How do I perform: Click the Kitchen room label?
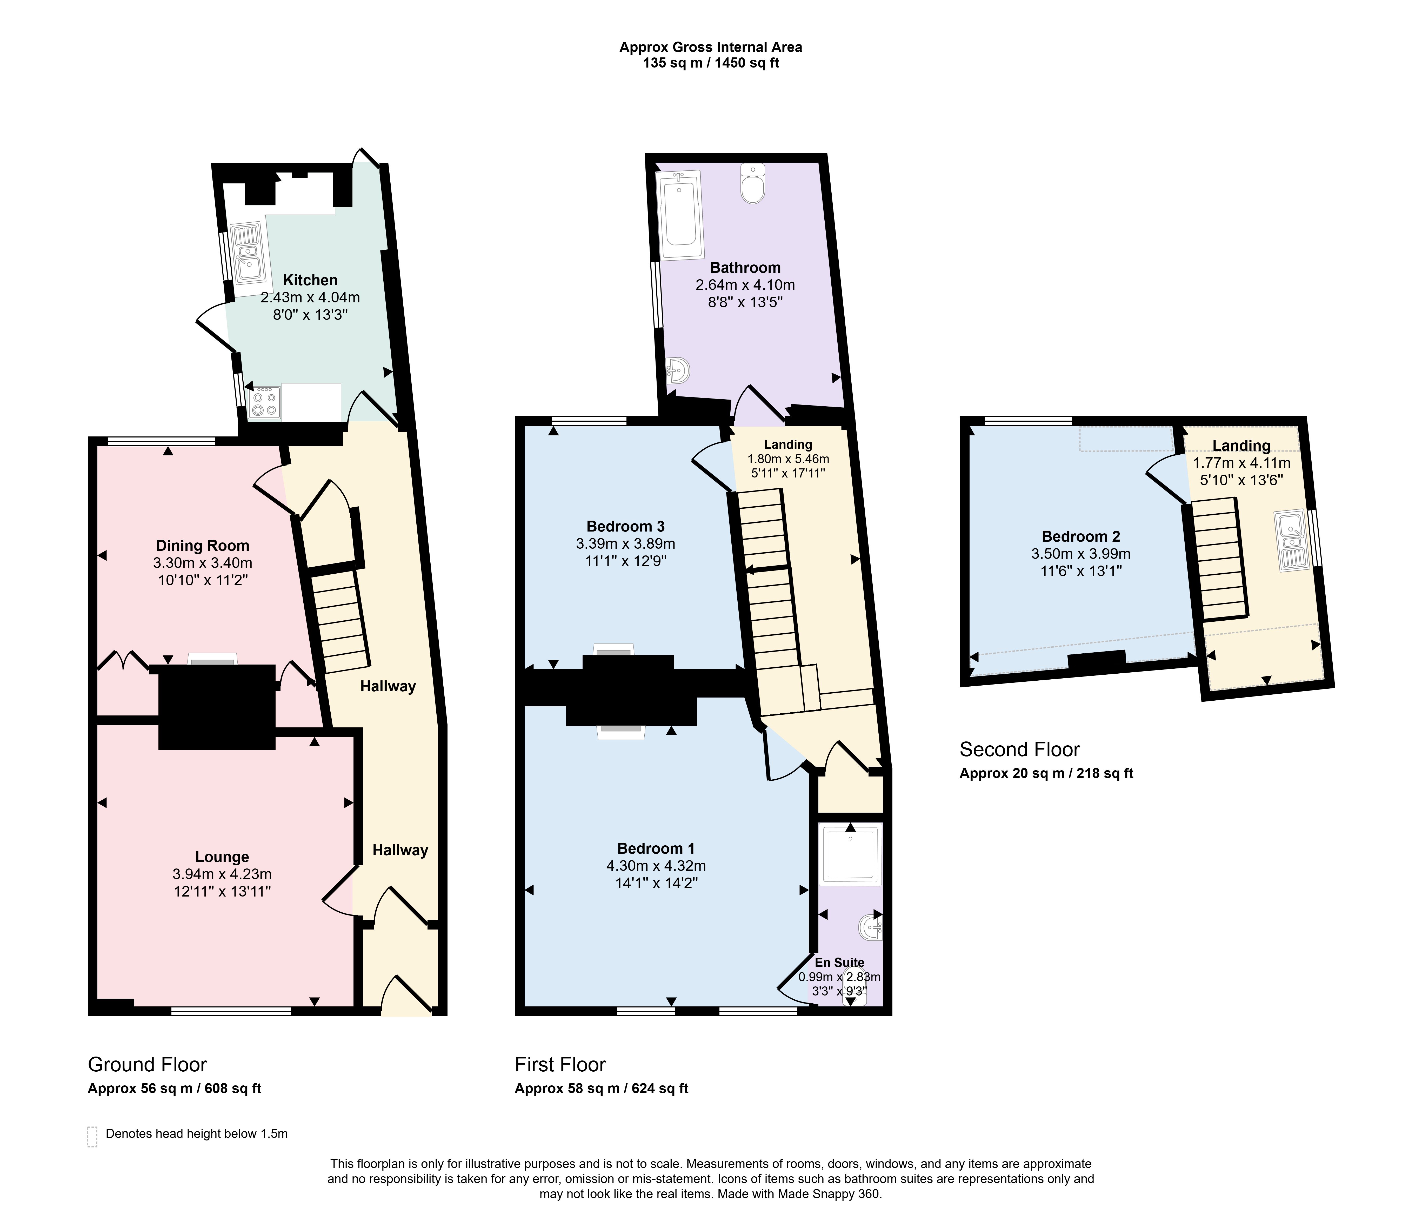coord(310,280)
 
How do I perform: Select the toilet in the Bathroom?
coord(753,183)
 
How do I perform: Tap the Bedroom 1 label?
coord(656,848)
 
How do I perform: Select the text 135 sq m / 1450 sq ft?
coord(711,63)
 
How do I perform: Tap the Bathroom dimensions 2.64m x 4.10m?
coord(745,285)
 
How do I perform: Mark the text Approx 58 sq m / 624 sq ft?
coord(601,1089)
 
